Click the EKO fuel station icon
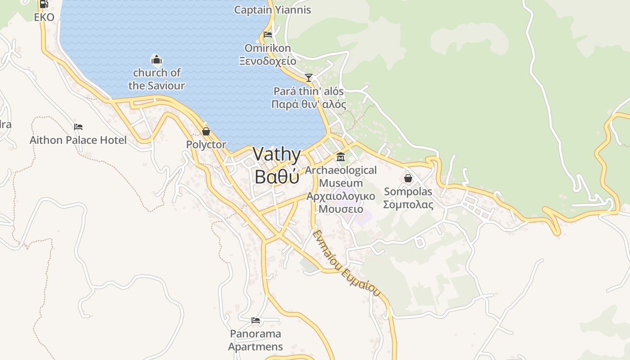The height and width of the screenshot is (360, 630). pyautogui.click(x=44, y=4)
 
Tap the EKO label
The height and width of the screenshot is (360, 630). pyautogui.click(x=44, y=18)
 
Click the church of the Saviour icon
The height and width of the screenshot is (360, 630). pyautogui.click(x=156, y=59)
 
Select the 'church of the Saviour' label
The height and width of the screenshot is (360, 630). pyautogui.click(x=157, y=79)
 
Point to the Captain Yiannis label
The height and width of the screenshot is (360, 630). pyautogui.click(x=272, y=10)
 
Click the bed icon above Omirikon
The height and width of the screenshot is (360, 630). pyautogui.click(x=268, y=35)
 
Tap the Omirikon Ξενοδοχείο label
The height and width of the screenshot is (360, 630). pyautogui.click(x=268, y=54)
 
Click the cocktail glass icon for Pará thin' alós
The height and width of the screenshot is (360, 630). pyautogui.click(x=309, y=78)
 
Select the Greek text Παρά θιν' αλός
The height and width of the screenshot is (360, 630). pyautogui.click(x=309, y=105)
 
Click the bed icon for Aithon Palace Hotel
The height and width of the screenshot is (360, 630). pyautogui.click(x=78, y=127)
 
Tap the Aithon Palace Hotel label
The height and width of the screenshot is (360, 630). pyautogui.click(x=78, y=140)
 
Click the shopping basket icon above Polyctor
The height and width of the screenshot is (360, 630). pyautogui.click(x=206, y=131)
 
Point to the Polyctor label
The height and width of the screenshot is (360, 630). pyautogui.click(x=206, y=145)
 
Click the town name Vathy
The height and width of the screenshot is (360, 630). pyautogui.click(x=277, y=154)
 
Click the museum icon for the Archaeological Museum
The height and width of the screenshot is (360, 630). pyautogui.click(x=341, y=157)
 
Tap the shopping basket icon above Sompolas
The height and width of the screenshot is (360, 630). pyautogui.click(x=408, y=178)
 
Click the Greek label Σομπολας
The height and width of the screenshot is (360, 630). pyautogui.click(x=408, y=205)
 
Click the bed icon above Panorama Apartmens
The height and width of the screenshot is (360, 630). pyautogui.click(x=256, y=320)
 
